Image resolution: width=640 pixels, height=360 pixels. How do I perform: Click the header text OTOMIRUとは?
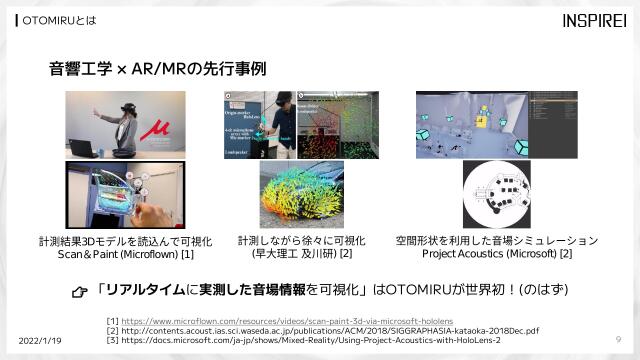(55, 21)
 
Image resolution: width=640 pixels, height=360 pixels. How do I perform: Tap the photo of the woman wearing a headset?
(118, 125)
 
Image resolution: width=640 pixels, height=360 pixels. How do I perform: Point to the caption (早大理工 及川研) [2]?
(301, 255)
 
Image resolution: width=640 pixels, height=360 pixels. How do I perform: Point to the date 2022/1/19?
(39, 340)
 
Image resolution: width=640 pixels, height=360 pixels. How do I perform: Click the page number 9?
(619, 339)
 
